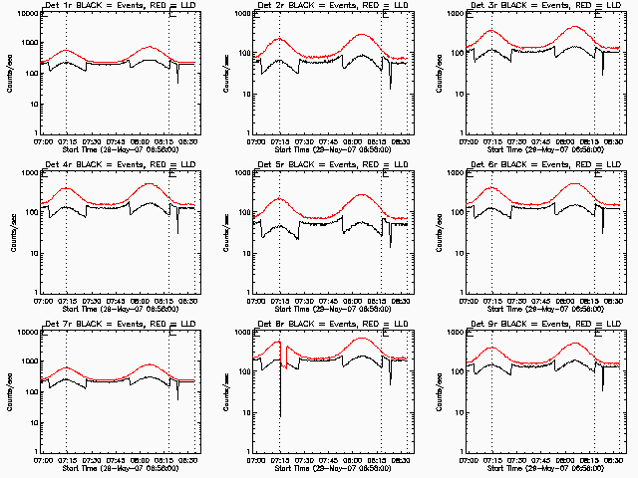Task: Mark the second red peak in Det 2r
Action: pyautogui.click(x=361, y=35)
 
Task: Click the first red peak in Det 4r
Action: pyautogui.click(x=67, y=187)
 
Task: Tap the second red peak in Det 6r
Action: pyautogui.click(x=574, y=183)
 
